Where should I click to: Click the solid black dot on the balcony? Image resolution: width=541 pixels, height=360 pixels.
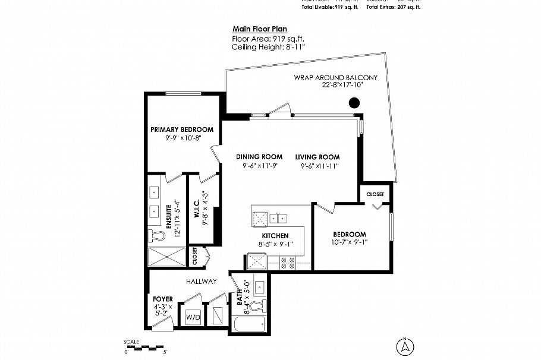[x=354, y=103]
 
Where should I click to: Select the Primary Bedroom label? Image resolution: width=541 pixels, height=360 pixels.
[x=181, y=130]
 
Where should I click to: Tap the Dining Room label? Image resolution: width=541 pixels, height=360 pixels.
[x=259, y=157]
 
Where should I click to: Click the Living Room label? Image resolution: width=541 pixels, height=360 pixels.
[x=317, y=157]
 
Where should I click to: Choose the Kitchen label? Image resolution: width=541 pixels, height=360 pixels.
[x=275, y=236]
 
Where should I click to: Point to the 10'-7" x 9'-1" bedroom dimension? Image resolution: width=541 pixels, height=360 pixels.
[x=349, y=242]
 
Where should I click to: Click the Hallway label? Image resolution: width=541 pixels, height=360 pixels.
[x=201, y=281]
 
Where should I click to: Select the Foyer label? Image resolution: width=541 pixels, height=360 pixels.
[x=163, y=299]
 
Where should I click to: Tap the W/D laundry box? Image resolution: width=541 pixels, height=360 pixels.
[x=194, y=318]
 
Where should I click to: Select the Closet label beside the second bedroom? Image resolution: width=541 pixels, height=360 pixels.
[x=375, y=194]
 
